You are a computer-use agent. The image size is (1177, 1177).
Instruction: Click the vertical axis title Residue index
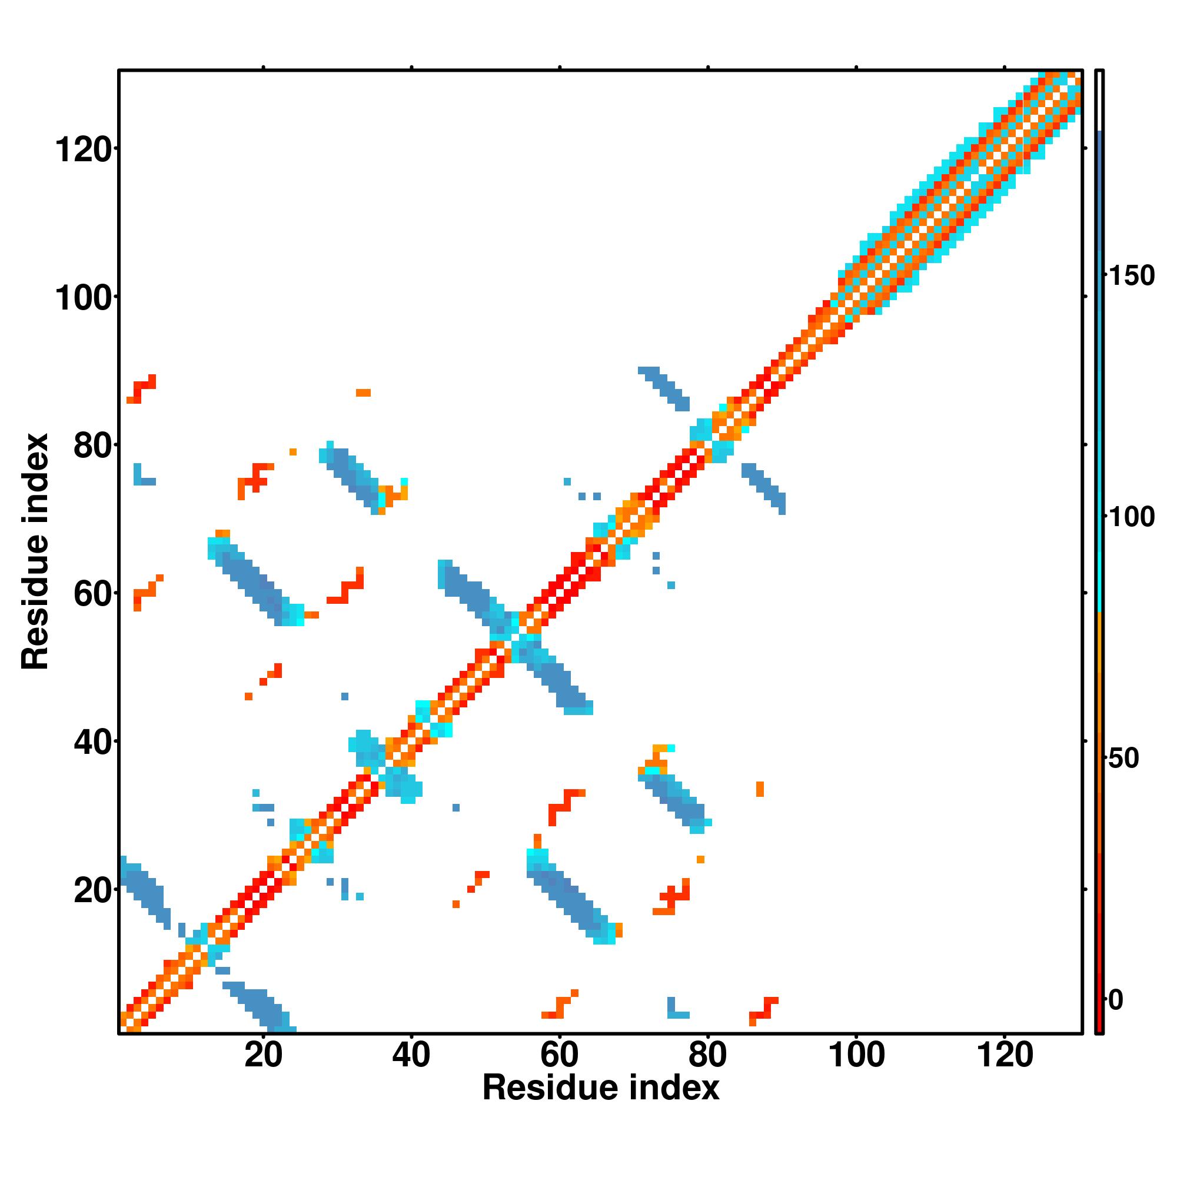tap(35, 551)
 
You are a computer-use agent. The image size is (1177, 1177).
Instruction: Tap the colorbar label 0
tap(1116, 1000)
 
